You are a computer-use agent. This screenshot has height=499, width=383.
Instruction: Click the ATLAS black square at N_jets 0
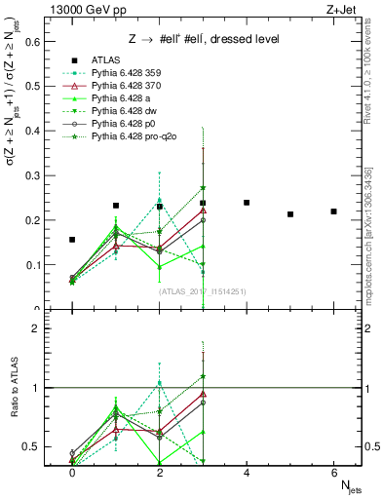pyautogui.click(x=72, y=240)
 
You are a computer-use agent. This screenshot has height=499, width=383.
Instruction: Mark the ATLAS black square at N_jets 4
pyautogui.click(x=247, y=203)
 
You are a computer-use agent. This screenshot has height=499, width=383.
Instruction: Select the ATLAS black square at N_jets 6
pyautogui.click(x=333, y=211)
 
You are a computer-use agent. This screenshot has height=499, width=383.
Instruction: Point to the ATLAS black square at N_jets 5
pyautogui.click(x=290, y=214)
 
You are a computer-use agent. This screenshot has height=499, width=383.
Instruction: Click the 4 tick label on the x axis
pyautogui.click(x=247, y=471)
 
